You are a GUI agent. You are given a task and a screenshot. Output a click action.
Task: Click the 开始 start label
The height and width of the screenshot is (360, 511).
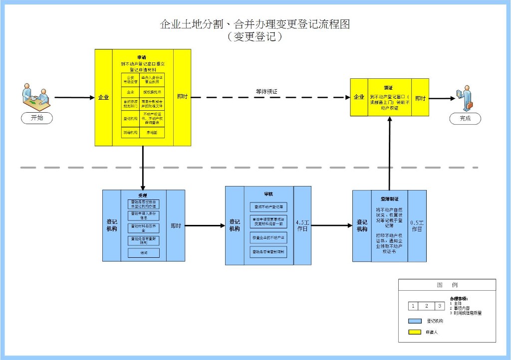point(37,118)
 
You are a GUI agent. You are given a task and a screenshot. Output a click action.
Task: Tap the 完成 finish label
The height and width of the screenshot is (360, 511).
point(465,118)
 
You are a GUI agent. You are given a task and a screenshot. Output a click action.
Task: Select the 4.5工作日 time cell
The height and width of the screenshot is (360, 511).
point(302,225)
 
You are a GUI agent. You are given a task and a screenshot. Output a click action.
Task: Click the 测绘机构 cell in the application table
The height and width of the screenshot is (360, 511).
point(130,133)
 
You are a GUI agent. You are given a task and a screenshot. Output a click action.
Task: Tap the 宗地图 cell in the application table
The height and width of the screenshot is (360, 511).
point(151,133)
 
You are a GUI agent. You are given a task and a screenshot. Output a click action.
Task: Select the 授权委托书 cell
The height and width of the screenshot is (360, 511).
point(151,92)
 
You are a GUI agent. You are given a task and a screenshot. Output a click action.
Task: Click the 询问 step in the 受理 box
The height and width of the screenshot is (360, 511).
point(143,253)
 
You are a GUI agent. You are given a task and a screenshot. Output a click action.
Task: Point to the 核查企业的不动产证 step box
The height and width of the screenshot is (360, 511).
point(268,237)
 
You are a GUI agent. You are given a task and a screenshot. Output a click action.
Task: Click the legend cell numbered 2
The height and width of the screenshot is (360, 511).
point(426,306)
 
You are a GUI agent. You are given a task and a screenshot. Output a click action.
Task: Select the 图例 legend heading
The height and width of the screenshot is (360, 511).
point(447,285)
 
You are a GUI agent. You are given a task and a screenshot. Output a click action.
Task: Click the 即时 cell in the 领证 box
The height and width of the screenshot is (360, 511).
point(420,98)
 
